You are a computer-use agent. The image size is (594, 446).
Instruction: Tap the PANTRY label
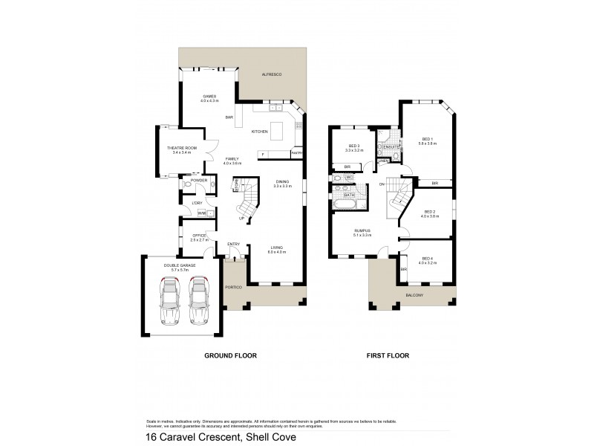coord(296,154)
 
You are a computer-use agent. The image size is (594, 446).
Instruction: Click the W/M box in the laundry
coord(200,213)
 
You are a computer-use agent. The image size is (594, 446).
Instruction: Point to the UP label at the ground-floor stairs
coord(241,218)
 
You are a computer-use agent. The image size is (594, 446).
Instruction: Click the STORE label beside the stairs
coord(235,185)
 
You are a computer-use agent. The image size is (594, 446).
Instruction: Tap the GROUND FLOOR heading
coord(230,356)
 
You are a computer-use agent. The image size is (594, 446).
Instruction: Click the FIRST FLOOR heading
coord(386,356)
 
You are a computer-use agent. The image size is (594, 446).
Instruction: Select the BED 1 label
coord(427,140)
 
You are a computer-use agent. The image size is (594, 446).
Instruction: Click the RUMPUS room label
coord(362,233)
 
